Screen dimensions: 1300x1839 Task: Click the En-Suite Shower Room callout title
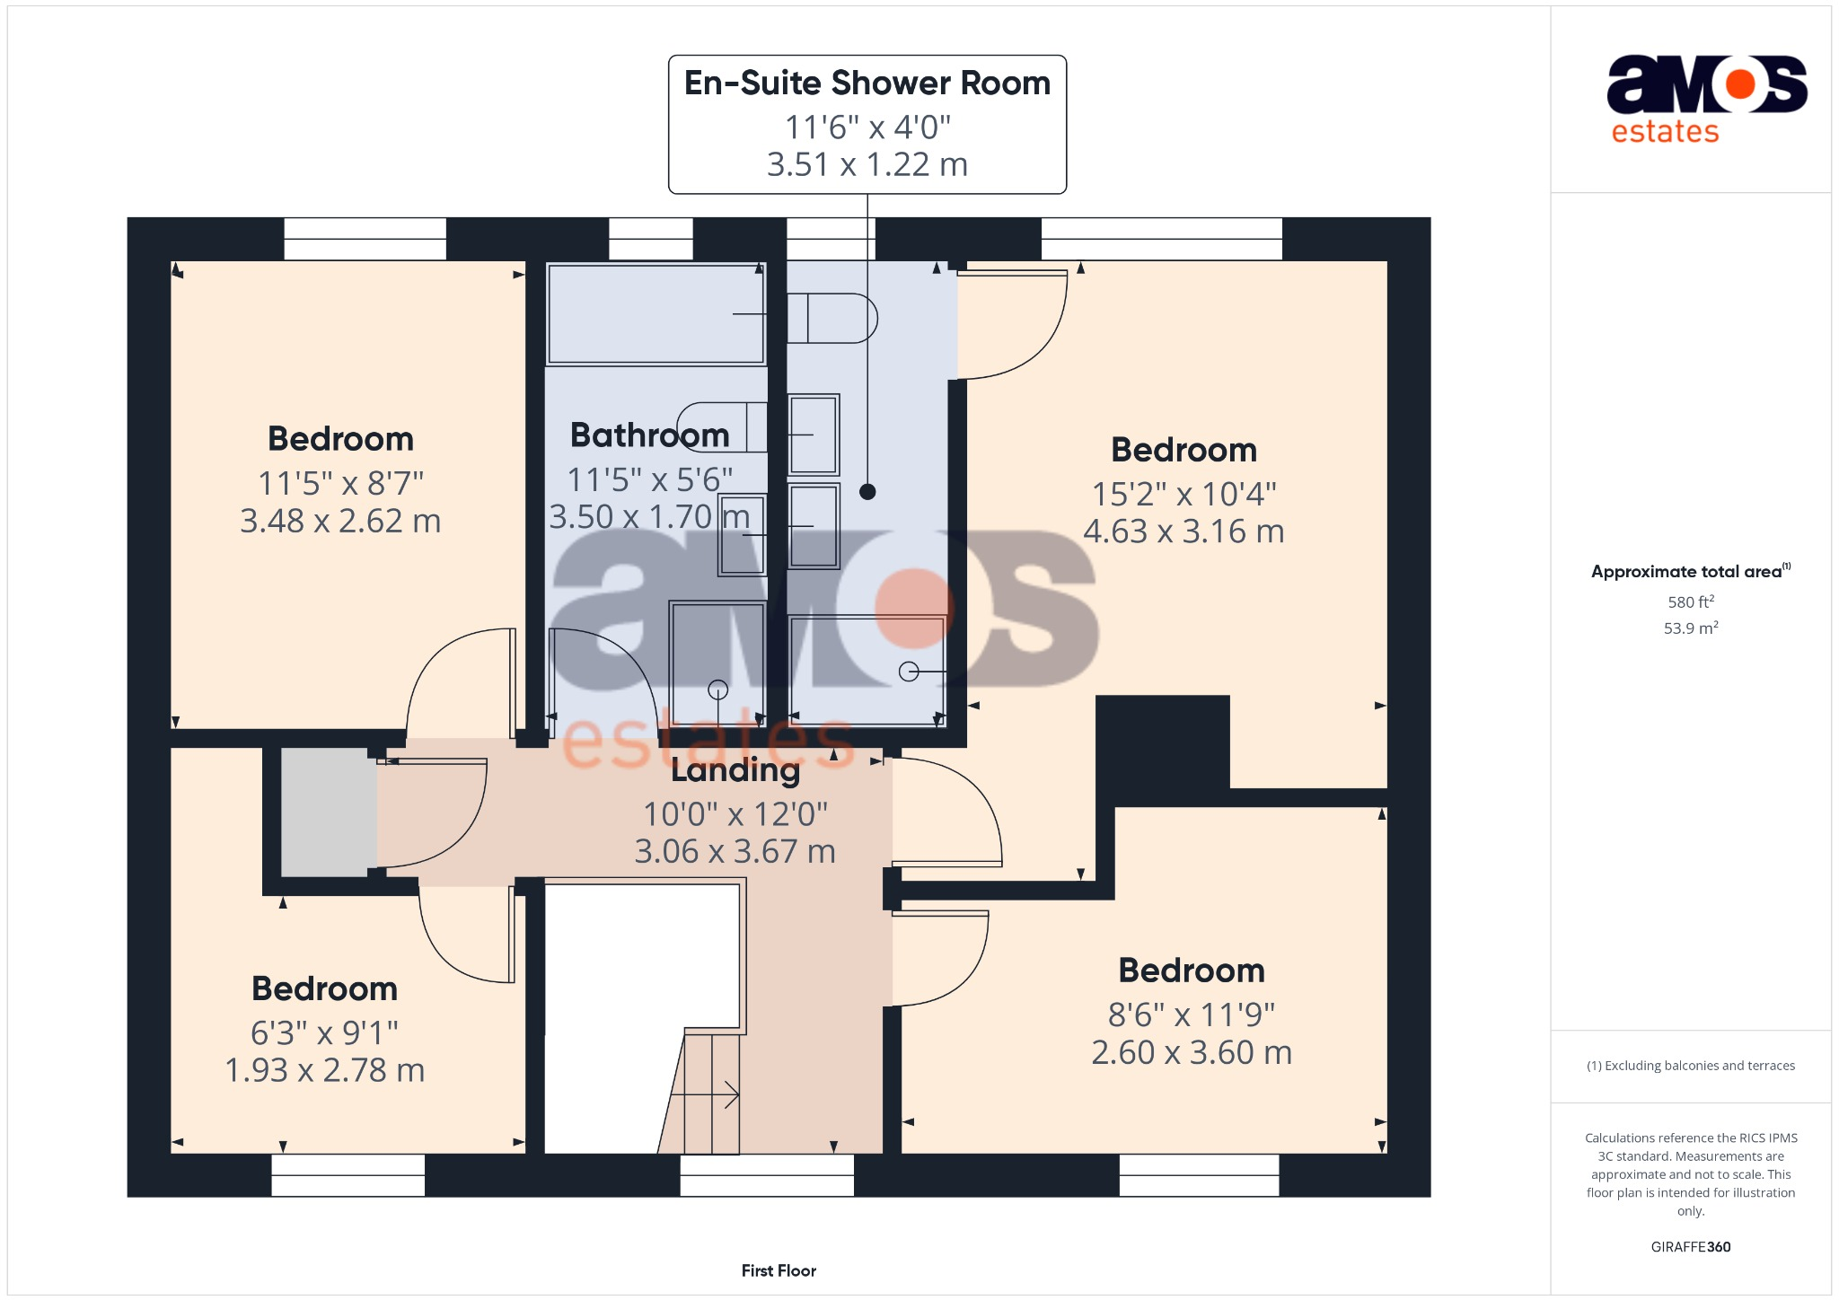(x=867, y=83)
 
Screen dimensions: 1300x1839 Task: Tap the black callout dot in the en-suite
(x=867, y=491)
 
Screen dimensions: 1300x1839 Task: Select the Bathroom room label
(x=649, y=435)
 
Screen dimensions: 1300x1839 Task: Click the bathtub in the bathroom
(x=656, y=313)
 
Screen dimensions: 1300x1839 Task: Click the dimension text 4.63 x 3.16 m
(x=1183, y=531)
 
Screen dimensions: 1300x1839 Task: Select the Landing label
(x=735, y=770)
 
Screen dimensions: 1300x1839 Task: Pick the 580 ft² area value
(x=1690, y=602)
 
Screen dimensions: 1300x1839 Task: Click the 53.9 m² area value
(x=1690, y=628)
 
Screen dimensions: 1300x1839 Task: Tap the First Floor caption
(x=779, y=1270)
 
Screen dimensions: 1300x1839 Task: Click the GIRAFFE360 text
(x=1690, y=1247)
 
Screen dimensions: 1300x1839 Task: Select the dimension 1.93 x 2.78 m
(x=324, y=1070)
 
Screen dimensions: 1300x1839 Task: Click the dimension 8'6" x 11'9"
(x=1191, y=1015)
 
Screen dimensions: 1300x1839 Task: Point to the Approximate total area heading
(x=1688, y=572)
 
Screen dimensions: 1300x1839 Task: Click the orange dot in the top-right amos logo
(x=1740, y=84)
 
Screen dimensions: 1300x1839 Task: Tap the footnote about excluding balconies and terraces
(x=1690, y=1066)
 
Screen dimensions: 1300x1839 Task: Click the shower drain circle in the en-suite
(x=909, y=671)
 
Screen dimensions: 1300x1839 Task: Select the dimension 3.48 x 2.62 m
(x=340, y=521)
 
